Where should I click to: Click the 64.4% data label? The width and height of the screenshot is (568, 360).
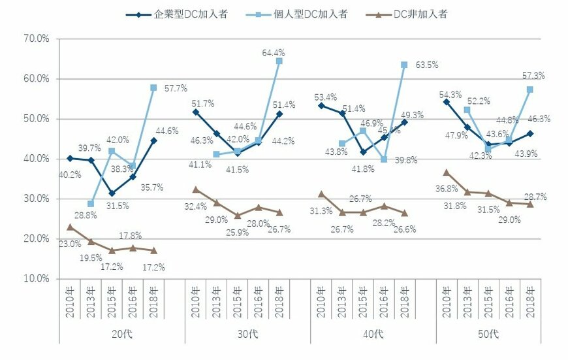(x=273, y=52)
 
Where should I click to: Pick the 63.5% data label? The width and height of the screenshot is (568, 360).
(x=424, y=65)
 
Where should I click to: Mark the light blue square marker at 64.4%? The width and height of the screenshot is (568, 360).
(x=279, y=61)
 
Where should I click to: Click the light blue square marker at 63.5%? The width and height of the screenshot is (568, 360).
(x=404, y=65)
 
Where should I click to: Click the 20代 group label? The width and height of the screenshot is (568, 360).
(x=122, y=335)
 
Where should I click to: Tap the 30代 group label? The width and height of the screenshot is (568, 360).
(x=248, y=335)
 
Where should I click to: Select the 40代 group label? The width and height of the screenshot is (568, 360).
(x=373, y=335)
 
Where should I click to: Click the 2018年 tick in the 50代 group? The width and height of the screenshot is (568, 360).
(x=529, y=299)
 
